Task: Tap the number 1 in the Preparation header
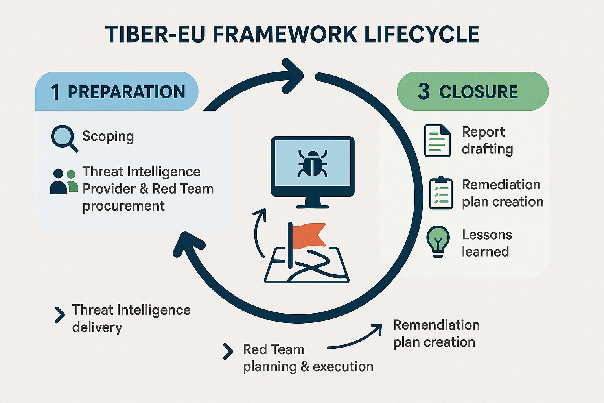55,92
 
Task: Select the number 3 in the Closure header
424,91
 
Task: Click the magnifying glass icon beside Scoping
64,138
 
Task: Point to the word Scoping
108,137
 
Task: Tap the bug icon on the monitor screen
312,163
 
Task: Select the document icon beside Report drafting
437,140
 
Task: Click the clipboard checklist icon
441,193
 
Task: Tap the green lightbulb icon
438,240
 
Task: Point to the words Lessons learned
486,243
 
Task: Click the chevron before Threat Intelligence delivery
60,315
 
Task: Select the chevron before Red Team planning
228,351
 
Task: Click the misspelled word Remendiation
436,325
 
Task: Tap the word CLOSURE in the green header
478,92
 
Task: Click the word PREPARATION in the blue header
126,92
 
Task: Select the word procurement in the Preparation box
123,206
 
